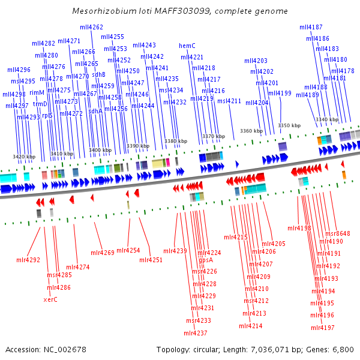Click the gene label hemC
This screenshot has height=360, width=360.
pyautogui.click(x=187, y=46)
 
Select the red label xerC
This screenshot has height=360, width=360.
pyautogui.click(x=50, y=299)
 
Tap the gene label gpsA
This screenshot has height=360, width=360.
pyautogui.click(x=206, y=260)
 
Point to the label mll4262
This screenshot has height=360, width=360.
pyautogui.click(x=91, y=28)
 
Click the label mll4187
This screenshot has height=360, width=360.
pyautogui.click(x=311, y=28)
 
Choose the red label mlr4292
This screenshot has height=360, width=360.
pyautogui.click(x=28, y=260)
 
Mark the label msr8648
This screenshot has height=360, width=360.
pyautogui.click(x=338, y=233)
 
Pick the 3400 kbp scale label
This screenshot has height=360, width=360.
pyautogui.click(x=100, y=150)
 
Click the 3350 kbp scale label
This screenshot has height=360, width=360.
pyautogui.click(x=289, y=125)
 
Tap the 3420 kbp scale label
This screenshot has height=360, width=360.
pyautogui.click(x=24, y=157)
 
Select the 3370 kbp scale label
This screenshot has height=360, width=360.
pyautogui.click(x=214, y=136)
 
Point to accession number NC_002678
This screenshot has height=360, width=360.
pyautogui.click(x=65, y=350)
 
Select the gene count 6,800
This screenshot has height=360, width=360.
pyautogui.click(x=343, y=350)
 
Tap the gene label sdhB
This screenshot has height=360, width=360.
pyautogui.click(x=99, y=75)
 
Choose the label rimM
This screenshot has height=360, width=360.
pyautogui.click(x=37, y=93)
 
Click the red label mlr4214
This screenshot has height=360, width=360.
pyautogui.click(x=251, y=326)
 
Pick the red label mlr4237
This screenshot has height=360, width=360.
pyautogui.click(x=196, y=333)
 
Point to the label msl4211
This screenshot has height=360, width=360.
pyautogui.click(x=229, y=101)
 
